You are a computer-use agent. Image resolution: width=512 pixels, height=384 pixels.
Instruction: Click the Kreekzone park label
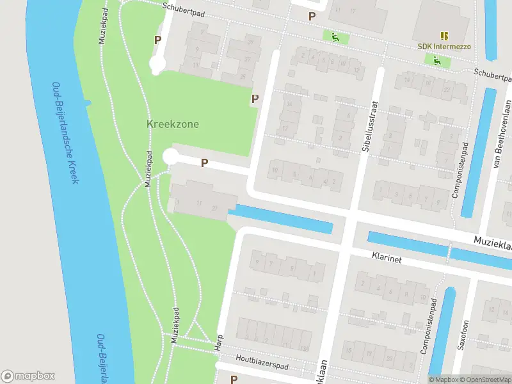coord(173,124)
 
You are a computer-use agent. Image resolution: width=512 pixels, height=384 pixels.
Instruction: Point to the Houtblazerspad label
coord(262,362)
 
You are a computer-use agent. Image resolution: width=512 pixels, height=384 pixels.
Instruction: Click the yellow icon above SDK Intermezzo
coord(444,35)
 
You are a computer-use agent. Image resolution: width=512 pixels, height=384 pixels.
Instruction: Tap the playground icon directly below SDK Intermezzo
coord(437,61)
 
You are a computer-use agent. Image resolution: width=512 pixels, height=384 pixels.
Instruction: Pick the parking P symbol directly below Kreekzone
coord(204,163)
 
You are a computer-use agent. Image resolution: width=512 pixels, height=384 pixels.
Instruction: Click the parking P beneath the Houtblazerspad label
coord(234,379)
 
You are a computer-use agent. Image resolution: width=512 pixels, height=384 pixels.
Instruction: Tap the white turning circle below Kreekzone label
coord(170,157)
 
